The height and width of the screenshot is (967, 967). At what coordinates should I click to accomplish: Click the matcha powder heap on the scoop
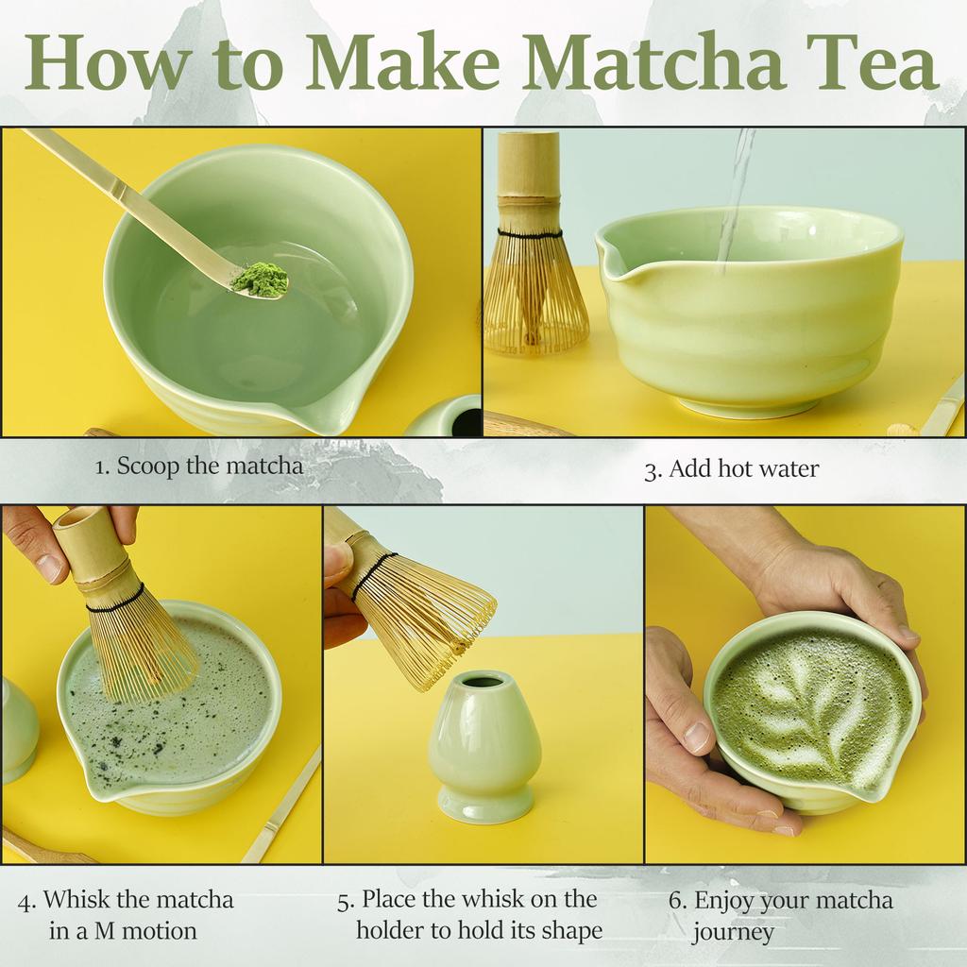pyautogui.click(x=260, y=280)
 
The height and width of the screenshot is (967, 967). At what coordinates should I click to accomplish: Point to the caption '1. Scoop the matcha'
pyautogui.click(x=199, y=466)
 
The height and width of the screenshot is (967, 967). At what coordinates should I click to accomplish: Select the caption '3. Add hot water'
pyautogui.click(x=731, y=469)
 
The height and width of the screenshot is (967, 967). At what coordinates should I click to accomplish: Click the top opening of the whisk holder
pyautogui.click(x=483, y=681)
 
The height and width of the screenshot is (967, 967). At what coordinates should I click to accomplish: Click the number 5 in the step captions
pyautogui.click(x=345, y=900)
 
